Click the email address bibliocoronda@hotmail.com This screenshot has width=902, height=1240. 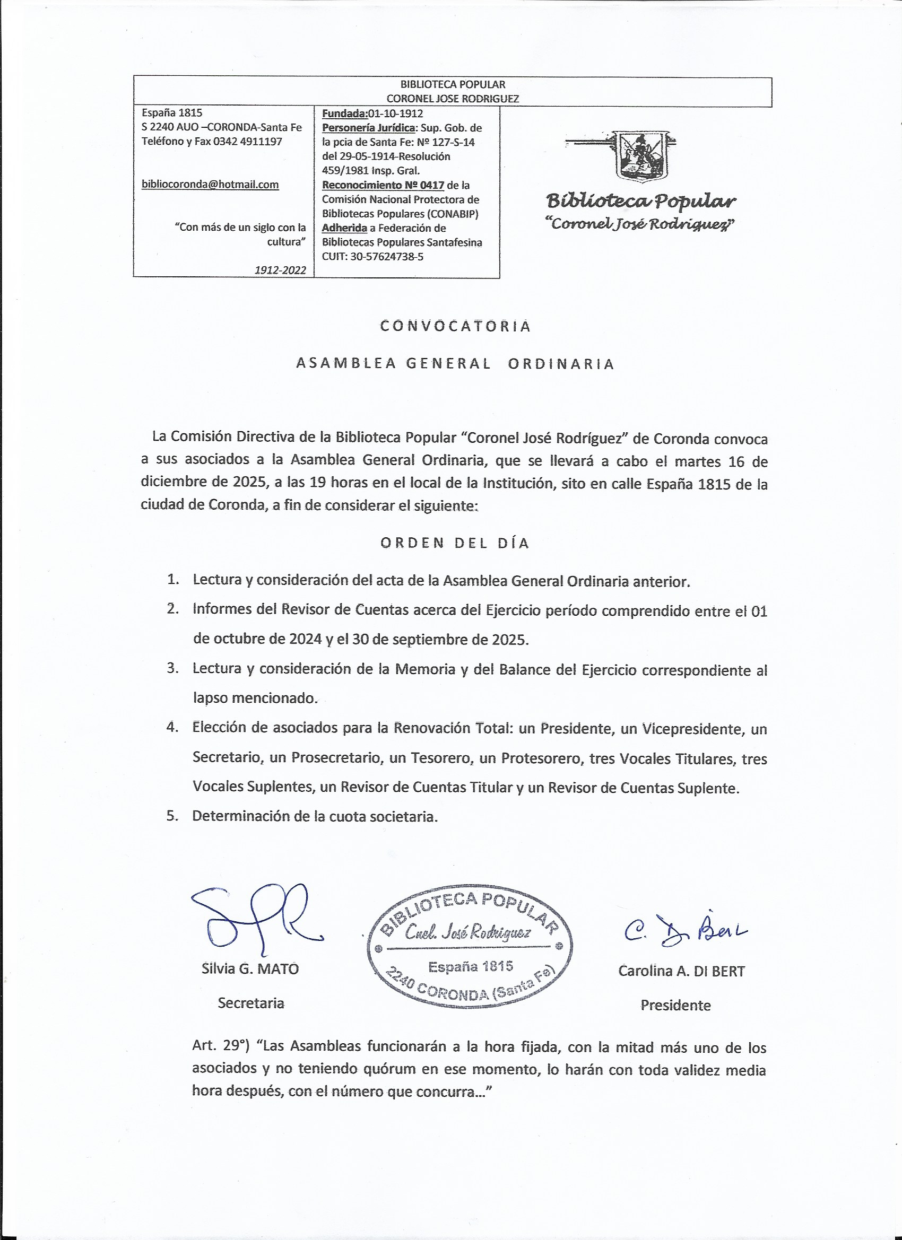pos(210,185)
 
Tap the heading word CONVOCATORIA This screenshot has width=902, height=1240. pos(455,326)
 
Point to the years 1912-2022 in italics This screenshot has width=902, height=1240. pos(280,270)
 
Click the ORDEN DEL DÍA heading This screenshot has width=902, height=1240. pos(455,543)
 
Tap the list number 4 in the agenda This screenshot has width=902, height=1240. pos(173,728)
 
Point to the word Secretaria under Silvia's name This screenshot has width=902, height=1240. pos(250,1003)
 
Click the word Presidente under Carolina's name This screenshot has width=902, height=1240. pos(675,1006)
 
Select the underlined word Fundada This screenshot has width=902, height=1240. pos(344,113)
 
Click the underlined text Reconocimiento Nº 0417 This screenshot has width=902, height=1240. pos(383,185)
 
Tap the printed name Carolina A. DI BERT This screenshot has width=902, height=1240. pos(682,971)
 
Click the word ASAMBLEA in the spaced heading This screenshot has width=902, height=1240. pos(346,364)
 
